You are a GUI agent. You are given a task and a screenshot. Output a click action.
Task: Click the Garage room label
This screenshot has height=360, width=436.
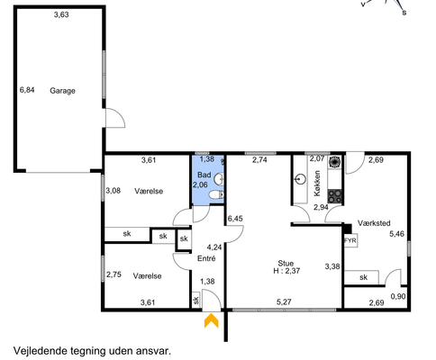(x=62, y=91)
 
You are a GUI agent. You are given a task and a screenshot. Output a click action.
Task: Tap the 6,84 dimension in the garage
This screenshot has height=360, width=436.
(x=27, y=90)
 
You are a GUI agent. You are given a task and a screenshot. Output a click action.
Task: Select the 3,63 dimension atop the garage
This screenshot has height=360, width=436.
(x=61, y=14)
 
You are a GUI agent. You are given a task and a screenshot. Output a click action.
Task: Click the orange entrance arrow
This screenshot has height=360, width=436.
(x=212, y=320)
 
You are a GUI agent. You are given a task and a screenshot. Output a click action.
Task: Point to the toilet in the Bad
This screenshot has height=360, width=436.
(x=216, y=195)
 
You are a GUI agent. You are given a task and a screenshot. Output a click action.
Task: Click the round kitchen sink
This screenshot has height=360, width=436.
(x=301, y=180)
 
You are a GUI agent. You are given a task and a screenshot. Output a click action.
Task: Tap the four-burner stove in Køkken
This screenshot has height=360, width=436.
(x=335, y=196)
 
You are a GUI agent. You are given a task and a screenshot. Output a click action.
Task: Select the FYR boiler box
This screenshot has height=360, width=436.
(x=350, y=240)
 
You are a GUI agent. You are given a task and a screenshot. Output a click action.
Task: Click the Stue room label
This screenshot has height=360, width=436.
(x=286, y=264)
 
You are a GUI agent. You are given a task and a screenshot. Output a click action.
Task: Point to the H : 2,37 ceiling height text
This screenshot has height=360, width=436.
(x=286, y=271)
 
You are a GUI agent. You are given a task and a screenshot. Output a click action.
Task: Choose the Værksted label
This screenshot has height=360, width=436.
(x=374, y=223)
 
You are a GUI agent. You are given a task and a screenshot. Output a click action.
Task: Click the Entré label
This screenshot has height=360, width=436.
(x=206, y=258)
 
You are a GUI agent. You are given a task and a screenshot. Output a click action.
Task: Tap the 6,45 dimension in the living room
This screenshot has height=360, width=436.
(x=235, y=219)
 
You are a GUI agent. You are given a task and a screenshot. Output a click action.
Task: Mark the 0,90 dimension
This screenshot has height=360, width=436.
(x=398, y=296)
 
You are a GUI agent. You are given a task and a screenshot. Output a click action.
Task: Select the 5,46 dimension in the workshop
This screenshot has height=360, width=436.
(x=396, y=233)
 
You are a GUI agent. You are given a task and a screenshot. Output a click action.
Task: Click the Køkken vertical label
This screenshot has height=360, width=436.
(x=317, y=184)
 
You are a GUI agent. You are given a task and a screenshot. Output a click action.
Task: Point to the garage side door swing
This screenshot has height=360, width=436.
(x=115, y=118)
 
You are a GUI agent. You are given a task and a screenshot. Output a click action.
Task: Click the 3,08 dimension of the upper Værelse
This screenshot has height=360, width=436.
(x=114, y=191)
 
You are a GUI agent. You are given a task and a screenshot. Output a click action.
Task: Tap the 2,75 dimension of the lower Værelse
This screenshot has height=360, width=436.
(x=114, y=274)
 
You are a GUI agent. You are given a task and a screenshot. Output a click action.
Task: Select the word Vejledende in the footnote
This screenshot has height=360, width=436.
(x=41, y=351)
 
